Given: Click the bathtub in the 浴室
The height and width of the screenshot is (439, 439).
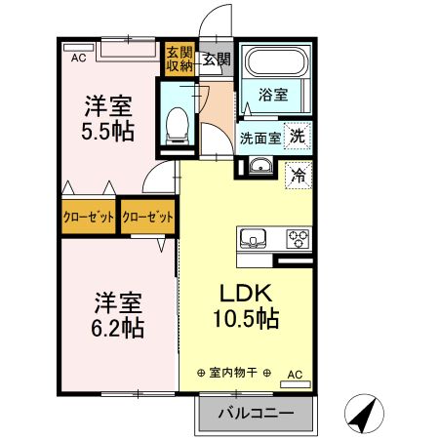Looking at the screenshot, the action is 276,61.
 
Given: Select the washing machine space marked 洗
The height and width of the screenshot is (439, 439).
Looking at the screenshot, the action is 298,136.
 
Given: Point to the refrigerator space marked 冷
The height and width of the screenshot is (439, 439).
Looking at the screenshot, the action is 299,176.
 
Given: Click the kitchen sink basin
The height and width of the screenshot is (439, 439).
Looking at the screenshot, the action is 253,239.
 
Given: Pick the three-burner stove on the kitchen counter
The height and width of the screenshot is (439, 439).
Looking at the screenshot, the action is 298,239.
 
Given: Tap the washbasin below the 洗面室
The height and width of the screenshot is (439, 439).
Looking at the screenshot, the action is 260,166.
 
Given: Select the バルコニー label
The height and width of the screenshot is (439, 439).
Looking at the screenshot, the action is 256,414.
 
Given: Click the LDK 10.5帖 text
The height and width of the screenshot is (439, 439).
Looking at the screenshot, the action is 246,306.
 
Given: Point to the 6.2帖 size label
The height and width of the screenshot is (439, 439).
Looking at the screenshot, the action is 118,328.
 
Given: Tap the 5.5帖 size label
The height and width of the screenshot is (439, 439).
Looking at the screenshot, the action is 107,131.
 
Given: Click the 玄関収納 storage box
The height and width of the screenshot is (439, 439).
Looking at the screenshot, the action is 180,59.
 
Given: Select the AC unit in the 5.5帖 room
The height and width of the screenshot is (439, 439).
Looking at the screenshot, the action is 79,48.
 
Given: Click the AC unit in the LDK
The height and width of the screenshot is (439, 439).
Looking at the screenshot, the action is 296,384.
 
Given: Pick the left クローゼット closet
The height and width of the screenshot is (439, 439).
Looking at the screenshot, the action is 89,217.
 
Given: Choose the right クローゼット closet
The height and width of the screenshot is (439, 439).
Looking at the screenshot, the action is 147,217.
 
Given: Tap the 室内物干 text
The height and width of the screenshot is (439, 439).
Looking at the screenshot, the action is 233,373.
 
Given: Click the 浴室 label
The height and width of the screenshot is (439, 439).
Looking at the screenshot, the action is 273,95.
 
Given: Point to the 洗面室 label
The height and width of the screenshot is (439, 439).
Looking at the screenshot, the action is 260,139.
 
